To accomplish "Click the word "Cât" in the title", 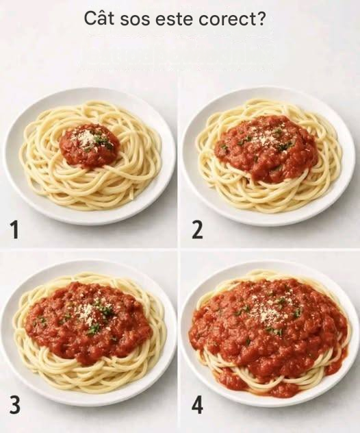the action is click(x=99, y=18).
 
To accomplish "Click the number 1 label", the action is click(x=14, y=230).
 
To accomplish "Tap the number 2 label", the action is click(x=197, y=230).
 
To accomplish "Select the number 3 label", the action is click(x=14, y=405).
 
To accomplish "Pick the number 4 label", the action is click(x=198, y=405).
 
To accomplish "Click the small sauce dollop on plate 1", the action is click(x=90, y=145).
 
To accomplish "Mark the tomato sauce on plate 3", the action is click(x=88, y=322).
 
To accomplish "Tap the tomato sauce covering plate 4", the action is click(x=269, y=332).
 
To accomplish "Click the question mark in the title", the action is click(x=261, y=18).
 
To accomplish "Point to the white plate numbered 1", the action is click(x=89, y=156).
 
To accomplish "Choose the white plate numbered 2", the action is click(x=268, y=156).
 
